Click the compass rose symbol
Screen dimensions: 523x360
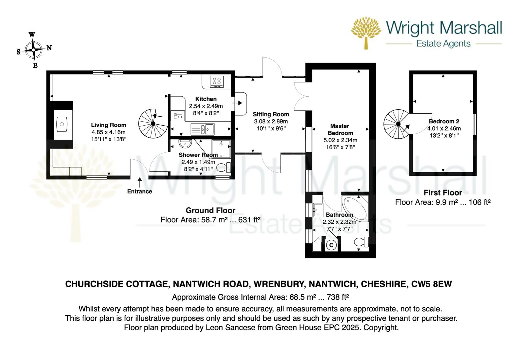tap(34, 50)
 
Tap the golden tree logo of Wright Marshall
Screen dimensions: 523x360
tap(366, 33)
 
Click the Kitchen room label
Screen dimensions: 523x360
tap(206, 99)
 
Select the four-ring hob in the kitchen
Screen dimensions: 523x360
tap(217, 81)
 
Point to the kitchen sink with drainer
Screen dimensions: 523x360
tap(203, 129)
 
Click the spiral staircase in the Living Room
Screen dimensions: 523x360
tap(153, 123)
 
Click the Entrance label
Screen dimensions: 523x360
tap(140, 191)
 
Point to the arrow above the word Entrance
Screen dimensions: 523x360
tap(140, 182)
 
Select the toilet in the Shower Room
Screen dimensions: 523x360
tap(224, 167)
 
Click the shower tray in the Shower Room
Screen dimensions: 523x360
tap(221, 149)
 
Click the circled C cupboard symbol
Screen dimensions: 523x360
tap(331, 245)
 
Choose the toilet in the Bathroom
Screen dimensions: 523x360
tap(361, 242)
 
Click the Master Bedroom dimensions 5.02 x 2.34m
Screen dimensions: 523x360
tap(340, 140)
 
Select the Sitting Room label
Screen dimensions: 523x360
tap(271, 114)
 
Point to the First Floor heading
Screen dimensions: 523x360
tap(443, 193)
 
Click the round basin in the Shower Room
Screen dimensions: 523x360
tap(185, 143)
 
